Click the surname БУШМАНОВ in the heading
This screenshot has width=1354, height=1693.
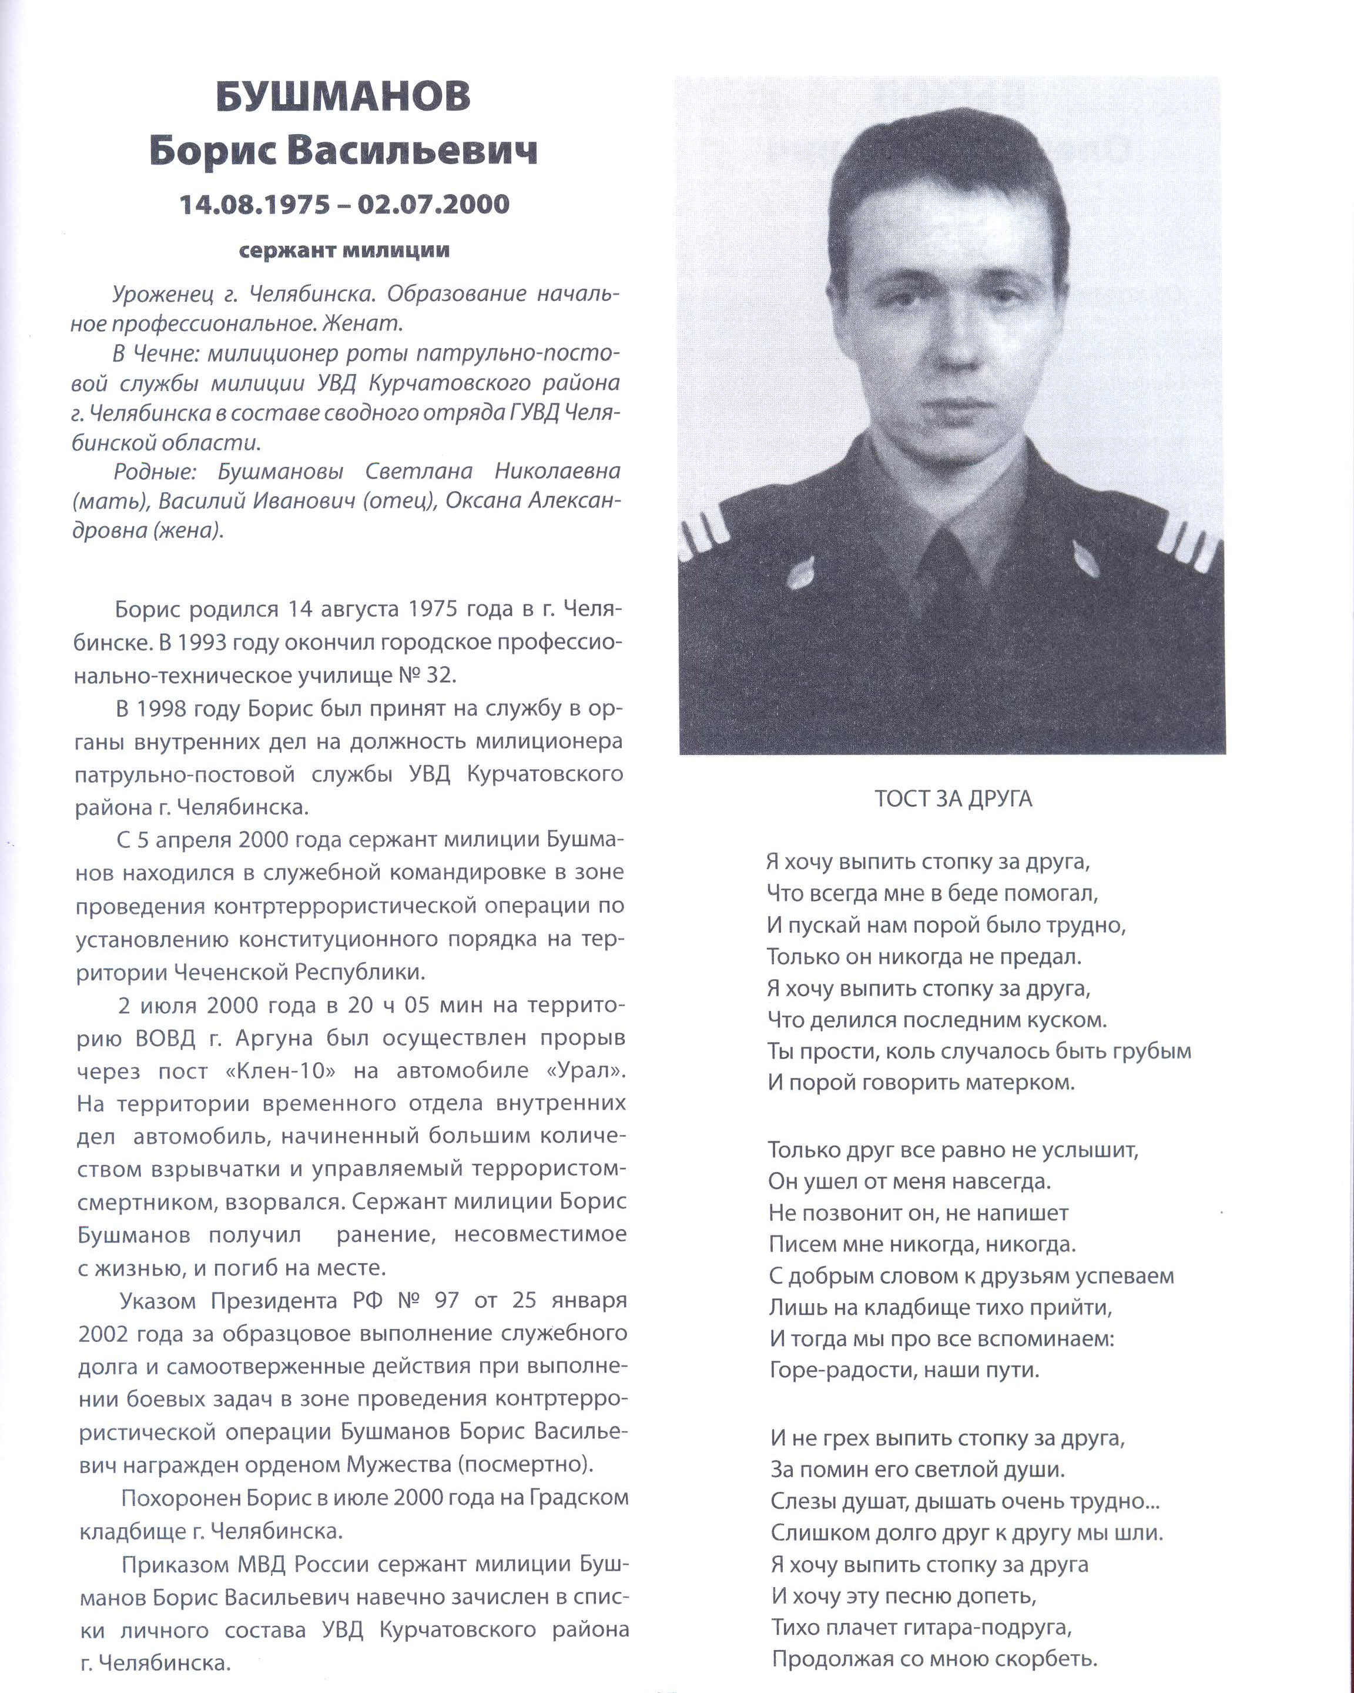tap(343, 96)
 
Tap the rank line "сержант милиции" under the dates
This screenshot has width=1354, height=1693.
tap(344, 251)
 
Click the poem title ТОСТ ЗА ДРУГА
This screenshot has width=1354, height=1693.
tap(953, 799)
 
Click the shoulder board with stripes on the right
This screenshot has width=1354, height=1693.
tap(1188, 543)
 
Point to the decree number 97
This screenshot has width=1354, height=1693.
tap(446, 1300)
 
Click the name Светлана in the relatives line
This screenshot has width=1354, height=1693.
tap(418, 471)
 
